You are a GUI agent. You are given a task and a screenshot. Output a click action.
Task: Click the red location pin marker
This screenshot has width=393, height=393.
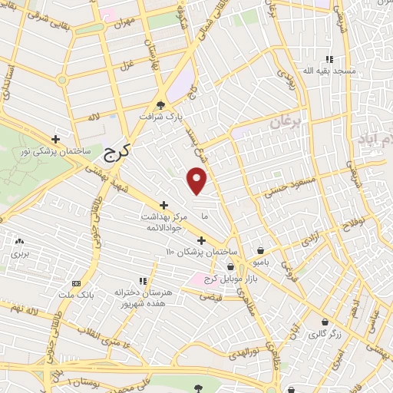pos(197,181)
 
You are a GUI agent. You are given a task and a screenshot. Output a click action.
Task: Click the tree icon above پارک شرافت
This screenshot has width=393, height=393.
pos(160,106)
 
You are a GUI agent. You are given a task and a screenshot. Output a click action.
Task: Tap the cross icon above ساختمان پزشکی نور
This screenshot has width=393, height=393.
pos(55,139)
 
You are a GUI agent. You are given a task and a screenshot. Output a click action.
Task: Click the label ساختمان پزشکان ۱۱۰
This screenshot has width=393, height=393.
pos(202,252)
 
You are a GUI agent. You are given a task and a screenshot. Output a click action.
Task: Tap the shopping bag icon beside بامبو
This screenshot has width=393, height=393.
pos(262,250)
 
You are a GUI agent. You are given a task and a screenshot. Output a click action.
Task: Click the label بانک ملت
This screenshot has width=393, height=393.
pos(76,293)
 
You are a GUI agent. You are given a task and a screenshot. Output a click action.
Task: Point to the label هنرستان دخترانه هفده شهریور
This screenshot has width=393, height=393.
pos(141,299)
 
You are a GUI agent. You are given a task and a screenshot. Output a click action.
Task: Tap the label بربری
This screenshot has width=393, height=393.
pos(19,253)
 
